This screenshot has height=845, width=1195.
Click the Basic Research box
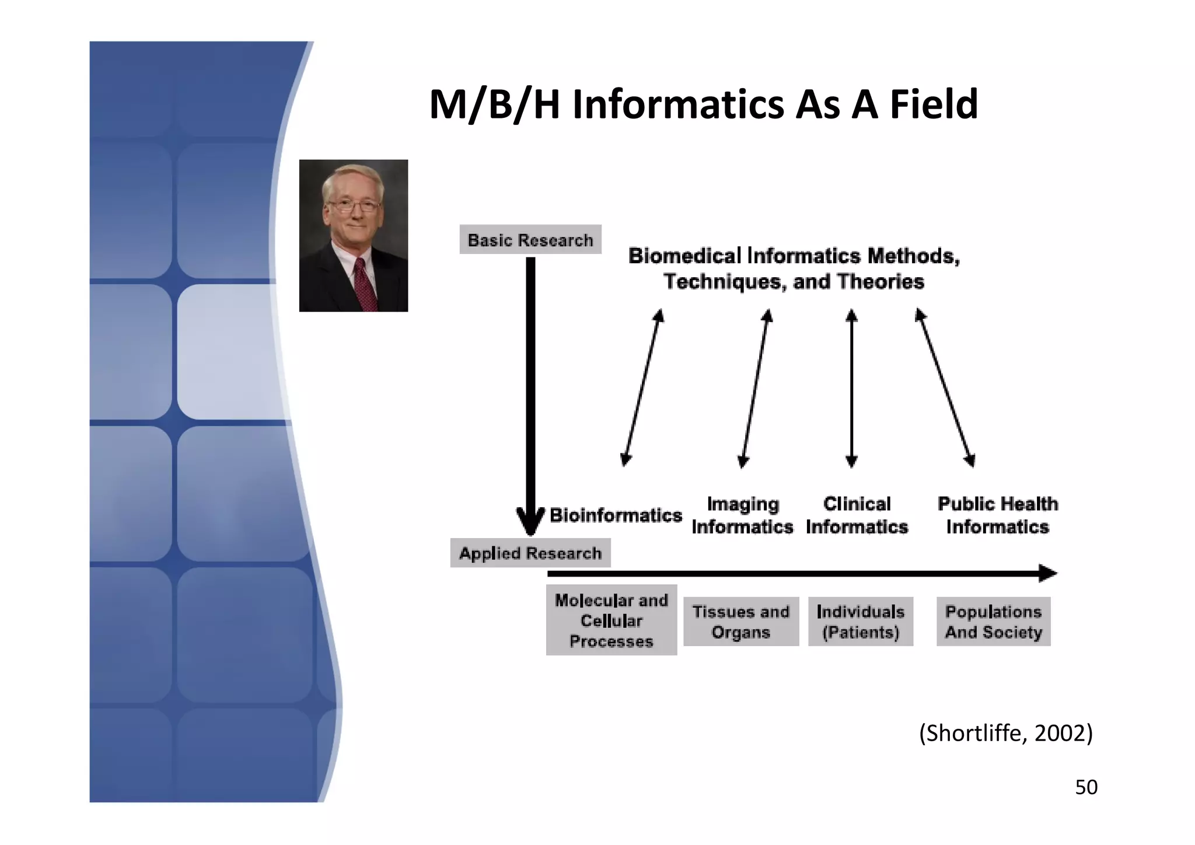tap(530, 240)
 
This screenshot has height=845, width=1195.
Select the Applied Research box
tap(530, 553)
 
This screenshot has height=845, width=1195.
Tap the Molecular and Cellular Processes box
tap(611, 620)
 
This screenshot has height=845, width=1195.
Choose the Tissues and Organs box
tap(740, 621)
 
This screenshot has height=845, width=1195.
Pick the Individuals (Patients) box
tap(860, 621)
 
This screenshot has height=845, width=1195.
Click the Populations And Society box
tap(993, 621)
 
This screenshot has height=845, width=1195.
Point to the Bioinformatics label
tap(616, 515)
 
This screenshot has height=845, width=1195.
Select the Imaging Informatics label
tap(742, 515)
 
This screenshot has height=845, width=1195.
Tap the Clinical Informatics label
tap(857, 515)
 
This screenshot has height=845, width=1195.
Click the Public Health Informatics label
tap(997, 515)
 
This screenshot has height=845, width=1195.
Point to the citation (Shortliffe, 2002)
tap(1005, 733)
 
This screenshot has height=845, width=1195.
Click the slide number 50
tap(1086, 787)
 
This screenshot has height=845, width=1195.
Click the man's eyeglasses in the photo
tap(354, 205)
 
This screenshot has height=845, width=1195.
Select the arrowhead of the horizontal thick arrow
tap(1048, 573)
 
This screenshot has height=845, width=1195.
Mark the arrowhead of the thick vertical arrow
tap(530, 521)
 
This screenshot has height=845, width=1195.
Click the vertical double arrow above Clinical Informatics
tap(851, 388)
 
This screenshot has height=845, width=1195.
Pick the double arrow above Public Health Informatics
tap(945, 388)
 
